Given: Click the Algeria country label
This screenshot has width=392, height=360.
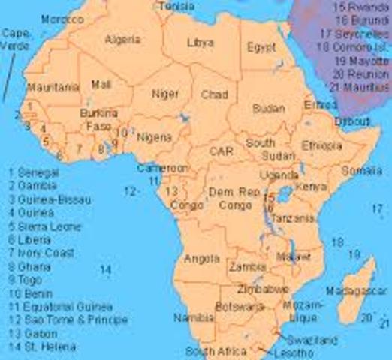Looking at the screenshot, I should (123, 39).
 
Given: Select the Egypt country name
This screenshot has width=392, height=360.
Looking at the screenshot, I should (261, 46).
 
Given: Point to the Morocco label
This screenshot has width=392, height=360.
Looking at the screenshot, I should (62, 19).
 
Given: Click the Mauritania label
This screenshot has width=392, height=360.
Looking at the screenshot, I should (53, 88).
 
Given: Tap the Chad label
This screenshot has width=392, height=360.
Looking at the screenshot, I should (214, 94).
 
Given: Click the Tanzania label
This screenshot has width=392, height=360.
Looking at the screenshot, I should (294, 218).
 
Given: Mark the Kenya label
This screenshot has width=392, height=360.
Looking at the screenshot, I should (306, 184).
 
